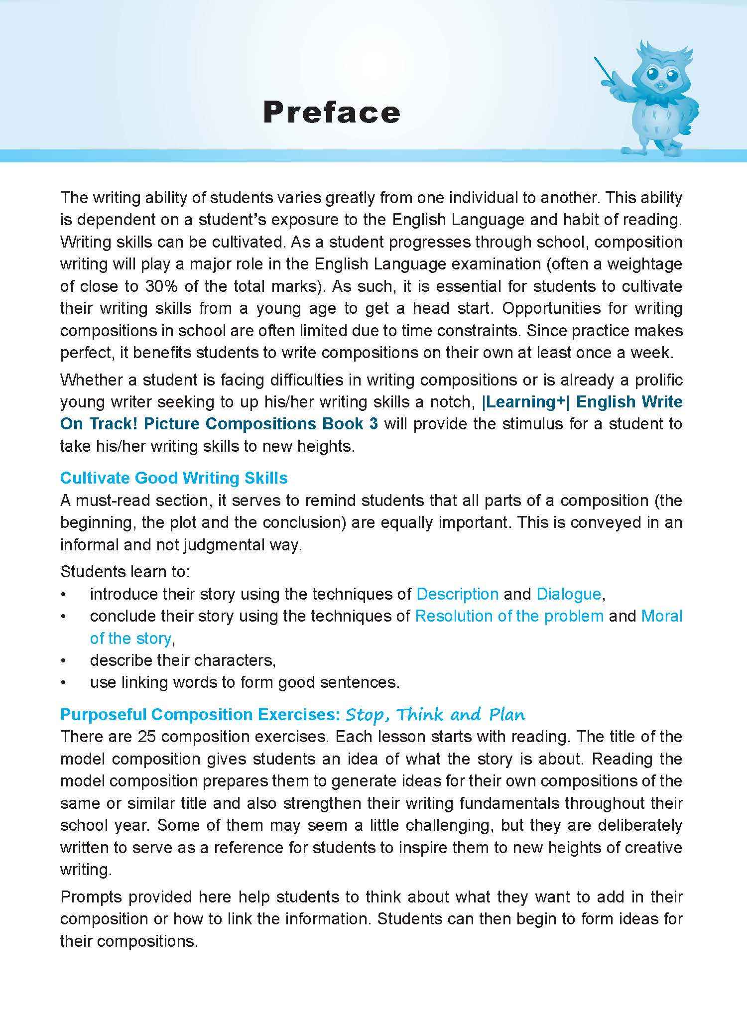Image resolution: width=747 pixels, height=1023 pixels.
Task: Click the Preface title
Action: click(331, 112)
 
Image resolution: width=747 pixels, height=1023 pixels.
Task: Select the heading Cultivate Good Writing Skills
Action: click(174, 478)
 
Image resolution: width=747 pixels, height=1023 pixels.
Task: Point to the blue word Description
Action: click(457, 594)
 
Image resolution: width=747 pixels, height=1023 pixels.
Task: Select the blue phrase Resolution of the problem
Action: click(509, 616)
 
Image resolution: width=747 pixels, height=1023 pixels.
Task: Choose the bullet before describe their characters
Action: click(63, 660)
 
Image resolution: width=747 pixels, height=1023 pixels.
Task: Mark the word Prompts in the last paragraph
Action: click(91, 896)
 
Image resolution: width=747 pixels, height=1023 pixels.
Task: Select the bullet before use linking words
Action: click(63, 682)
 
